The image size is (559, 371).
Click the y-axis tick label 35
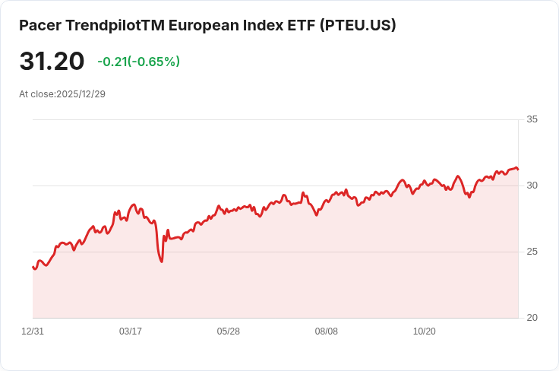pos(532,119)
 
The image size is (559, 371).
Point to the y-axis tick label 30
pos(532,185)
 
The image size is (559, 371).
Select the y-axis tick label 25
pos(532,252)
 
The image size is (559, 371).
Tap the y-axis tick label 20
pos(532,318)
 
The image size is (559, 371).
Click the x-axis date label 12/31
pos(33,331)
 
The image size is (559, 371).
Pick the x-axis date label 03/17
pos(131,331)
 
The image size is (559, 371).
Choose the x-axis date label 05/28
pos(229,331)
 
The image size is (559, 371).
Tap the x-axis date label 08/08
pos(327,331)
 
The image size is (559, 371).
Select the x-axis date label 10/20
pos(424,331)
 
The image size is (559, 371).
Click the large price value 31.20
pos(52,62)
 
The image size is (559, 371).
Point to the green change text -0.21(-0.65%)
pos(138,62)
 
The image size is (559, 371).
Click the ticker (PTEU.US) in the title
pos(357,25)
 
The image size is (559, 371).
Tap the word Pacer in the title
pos(40,25)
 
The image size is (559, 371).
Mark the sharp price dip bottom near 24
pos(162,262)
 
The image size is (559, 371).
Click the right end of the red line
pos(518,169)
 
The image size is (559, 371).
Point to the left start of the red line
pos(33,267)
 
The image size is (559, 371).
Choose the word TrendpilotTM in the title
pos(114,25)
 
